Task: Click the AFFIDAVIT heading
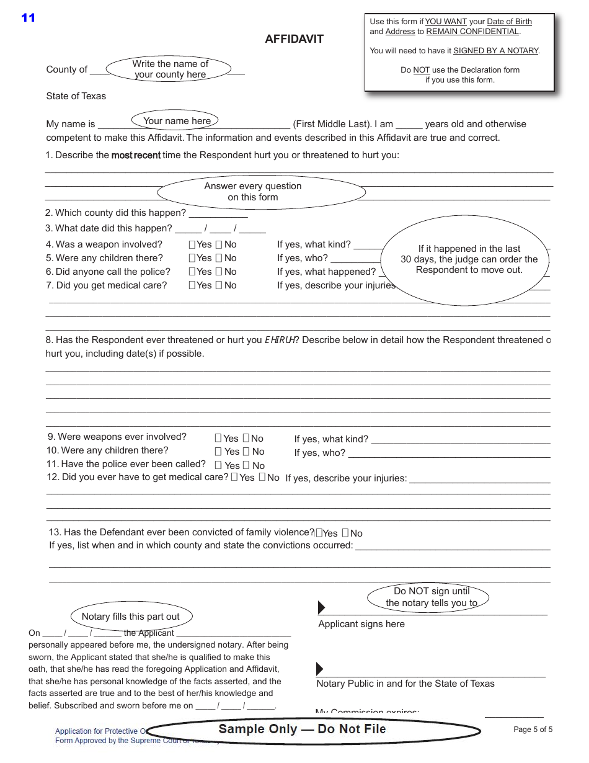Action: [x=294, y=39]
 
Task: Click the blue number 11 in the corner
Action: [x=29, y=18]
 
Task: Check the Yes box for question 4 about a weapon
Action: [x=192, y=244]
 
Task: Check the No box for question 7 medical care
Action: [x=219, y=285]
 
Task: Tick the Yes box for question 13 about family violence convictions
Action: [x=319, y=533]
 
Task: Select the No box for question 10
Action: [x=246, y=452]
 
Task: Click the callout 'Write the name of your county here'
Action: [x=169, y=69]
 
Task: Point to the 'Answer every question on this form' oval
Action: [x=261, y=192]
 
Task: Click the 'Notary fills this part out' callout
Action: [x=131, y=617]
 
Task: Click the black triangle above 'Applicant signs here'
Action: [x=321, y=607]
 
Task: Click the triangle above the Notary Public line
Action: [x=320, y=669]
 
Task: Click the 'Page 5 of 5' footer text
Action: [x=533, y=730]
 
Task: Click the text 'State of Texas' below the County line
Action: [x=76, y=96]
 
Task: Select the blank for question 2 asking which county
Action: [x=218, y=213]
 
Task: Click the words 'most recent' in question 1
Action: [x=136, y=155]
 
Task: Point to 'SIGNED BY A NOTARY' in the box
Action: [x=495, y=51]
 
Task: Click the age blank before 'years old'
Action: [x=409, y=124]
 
